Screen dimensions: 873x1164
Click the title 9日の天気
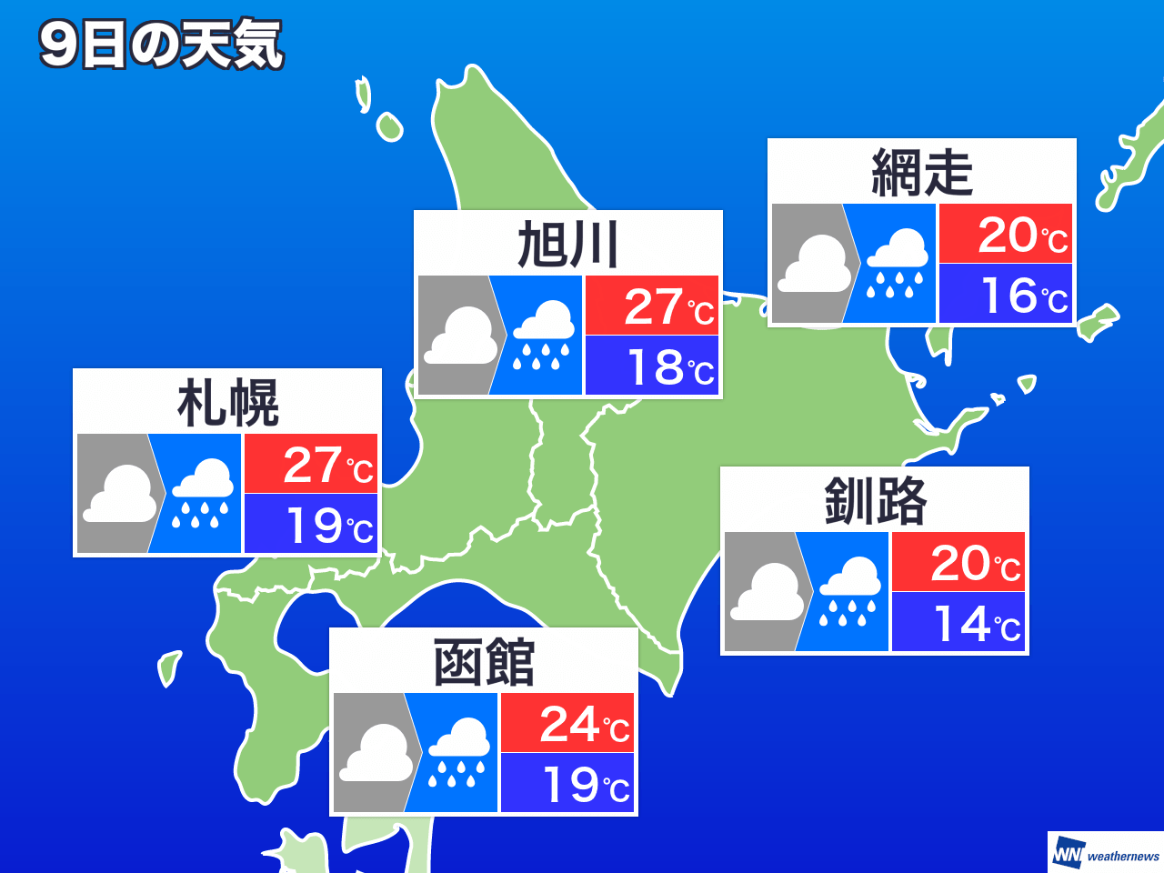pyautogui.click(x=161, y=45)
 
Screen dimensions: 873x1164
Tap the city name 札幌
pyautogui.click(x=227, y=403)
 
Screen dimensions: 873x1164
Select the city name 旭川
pyautogui.click(x=568, y=245)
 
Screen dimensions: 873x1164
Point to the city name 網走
pyautogui.click(x=922, y=172)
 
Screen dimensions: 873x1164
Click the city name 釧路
pyautogui.click(x=875, y=501)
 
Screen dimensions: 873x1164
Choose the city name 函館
pyautogui.click(x=484, y=662)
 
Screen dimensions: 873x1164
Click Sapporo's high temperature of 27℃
pyautogui.click(x=311, y=464)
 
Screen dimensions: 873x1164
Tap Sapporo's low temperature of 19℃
pyautogui.click(x=311, y=524)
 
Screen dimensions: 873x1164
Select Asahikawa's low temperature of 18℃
pyautogui.click(x=652, y=366)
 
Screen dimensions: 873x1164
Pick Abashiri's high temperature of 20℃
pyautogui.click(x=1006, y=234)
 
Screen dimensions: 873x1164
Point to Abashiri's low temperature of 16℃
pyautogui.click(x=1006, y=294)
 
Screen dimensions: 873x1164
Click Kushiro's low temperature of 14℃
pyautogui.click(x=958, y=622)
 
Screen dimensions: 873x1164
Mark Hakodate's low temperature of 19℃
pyautogui.click(x=567, y=783)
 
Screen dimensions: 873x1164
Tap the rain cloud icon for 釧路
pyautogui.click(x=849, y=592)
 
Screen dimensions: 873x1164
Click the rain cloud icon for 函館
pyautogui.click(x=458, y=753)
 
